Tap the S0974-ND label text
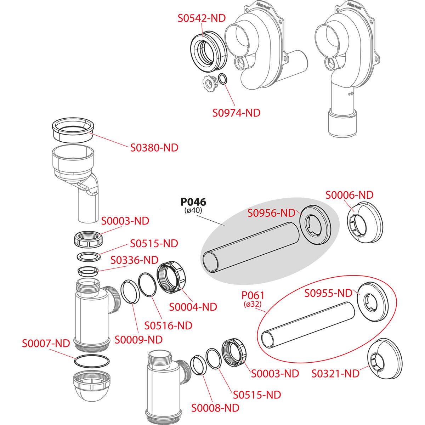point(236,113)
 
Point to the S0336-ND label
point(134,260)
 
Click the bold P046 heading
point(193,202)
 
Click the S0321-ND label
point(335,373)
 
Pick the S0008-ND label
point(215,408)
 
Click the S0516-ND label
point(168,325)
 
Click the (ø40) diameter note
point(193,210)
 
